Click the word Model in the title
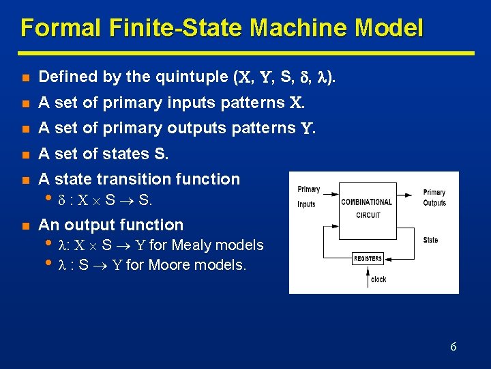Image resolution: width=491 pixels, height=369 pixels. click(390, 28)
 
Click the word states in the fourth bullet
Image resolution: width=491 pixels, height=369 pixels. click(129, 154)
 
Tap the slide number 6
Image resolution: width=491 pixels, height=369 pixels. click(453, 346)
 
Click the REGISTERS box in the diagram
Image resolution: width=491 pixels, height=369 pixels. click(368, 259)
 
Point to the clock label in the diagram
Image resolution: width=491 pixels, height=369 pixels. click(378, 279)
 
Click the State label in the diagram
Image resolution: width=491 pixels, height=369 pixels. click(431, 241)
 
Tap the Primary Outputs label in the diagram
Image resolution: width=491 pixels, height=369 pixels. click(434, 197)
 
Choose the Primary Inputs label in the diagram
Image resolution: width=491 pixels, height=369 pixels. click(308, 196)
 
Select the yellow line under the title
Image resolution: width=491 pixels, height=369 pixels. click(246, 53)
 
